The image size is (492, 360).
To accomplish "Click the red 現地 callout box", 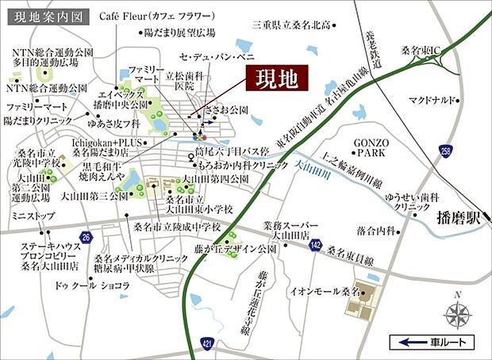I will (x=276, y=80).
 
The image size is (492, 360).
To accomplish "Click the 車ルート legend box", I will (x=433, y=342).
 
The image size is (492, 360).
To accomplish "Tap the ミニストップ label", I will (x=32, y=216).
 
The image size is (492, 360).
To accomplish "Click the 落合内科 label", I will (x=375, y=231).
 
